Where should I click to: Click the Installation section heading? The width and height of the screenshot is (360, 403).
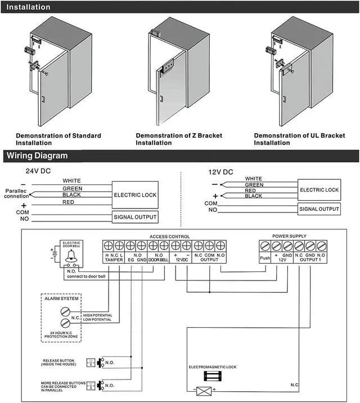(28, 7)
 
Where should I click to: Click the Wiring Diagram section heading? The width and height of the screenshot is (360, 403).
(37, 156)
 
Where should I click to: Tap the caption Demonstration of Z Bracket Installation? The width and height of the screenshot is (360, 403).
(179, 139)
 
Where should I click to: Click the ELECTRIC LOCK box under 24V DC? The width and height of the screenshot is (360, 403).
(135, 194)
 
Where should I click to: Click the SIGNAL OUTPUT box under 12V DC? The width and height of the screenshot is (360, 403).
(319, 209)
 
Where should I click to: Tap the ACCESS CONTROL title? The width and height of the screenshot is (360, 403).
(170, 237)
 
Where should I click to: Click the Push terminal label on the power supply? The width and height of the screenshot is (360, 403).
(265, 259)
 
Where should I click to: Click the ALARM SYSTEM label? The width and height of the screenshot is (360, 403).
(62, 298)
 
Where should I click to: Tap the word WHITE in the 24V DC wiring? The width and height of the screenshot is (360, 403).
(71, 180)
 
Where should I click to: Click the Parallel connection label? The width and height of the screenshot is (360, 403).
(16, 193)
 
